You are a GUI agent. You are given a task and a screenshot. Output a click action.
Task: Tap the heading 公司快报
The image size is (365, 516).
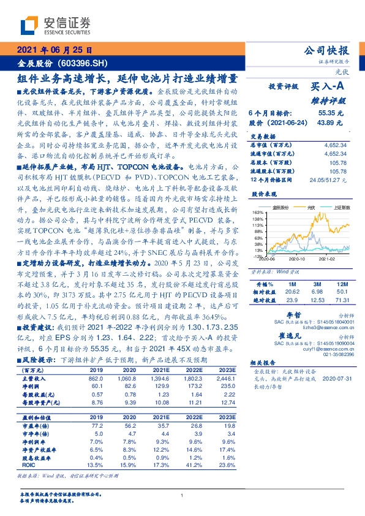pos(331,50)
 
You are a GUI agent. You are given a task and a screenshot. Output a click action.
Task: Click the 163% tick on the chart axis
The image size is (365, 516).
pos(257,211)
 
